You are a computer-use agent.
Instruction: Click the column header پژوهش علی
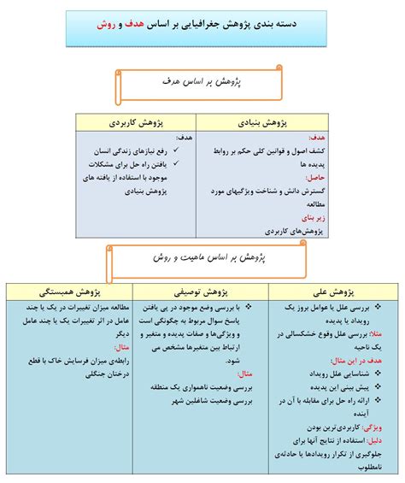pyautogui.click(x=332, y=291)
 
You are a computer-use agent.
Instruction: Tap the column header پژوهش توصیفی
pyautogui.click(x=203, y=291)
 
